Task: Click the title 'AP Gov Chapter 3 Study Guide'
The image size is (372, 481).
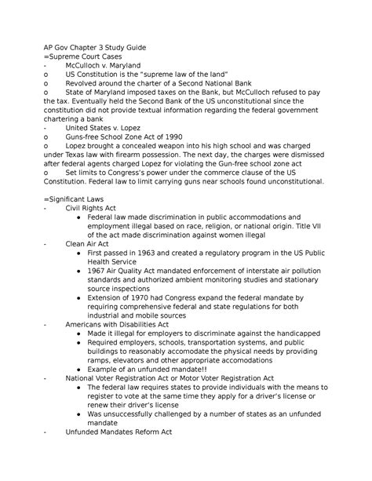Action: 99,47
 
